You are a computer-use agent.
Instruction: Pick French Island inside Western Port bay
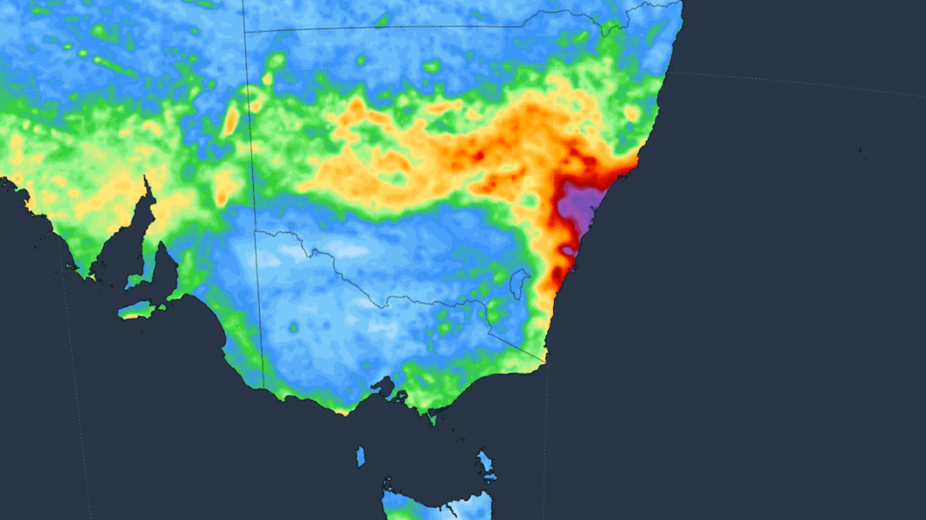[401, 397]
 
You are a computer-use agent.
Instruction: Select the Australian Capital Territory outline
[520, 282]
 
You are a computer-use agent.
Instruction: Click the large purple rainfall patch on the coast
[579, 208]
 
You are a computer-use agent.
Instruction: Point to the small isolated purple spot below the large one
[567, 250]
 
